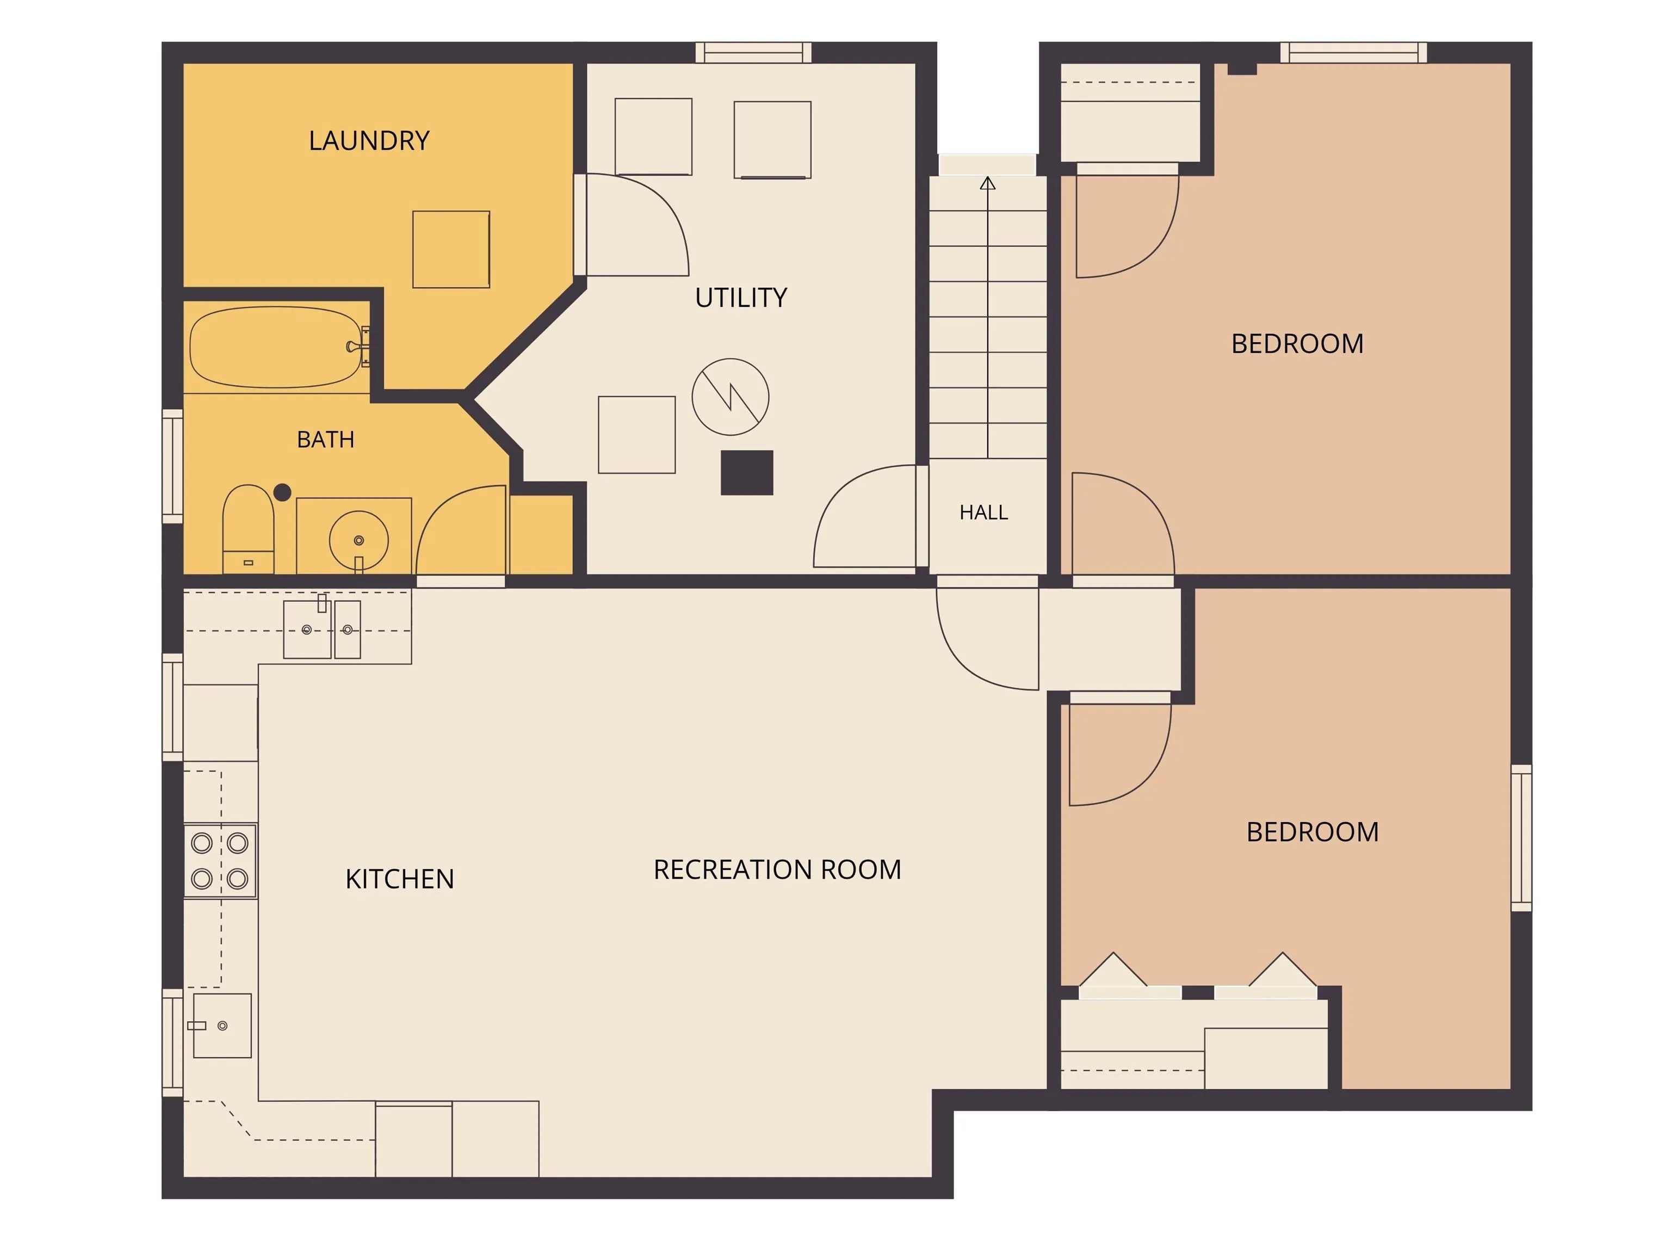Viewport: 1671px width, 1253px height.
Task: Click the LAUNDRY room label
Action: point(369,140)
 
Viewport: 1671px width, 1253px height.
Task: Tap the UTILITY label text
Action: point(741,298)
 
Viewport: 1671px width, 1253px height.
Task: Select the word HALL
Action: point(983,513)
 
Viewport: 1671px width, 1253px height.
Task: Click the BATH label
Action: point(326,439)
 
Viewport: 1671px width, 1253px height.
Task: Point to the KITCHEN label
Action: point(400,879)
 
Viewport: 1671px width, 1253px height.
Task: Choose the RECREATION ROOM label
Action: point(777,870)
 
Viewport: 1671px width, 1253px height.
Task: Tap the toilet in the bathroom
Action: point(248,529)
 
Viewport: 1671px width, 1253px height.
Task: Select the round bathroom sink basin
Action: point(359,540)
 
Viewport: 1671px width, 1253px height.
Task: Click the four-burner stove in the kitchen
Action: point(220,861)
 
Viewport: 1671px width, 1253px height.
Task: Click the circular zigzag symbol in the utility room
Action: point(731,397)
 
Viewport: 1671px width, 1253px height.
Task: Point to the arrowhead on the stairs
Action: point(988,183)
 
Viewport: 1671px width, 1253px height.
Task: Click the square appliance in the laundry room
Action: point(451,249)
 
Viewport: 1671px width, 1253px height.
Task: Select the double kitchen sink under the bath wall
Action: point(323,629)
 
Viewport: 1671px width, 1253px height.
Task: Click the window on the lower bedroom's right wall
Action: point(1521,838)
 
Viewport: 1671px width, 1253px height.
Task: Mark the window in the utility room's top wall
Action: point(753,52)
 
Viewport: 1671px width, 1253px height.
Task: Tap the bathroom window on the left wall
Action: point(173,466)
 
